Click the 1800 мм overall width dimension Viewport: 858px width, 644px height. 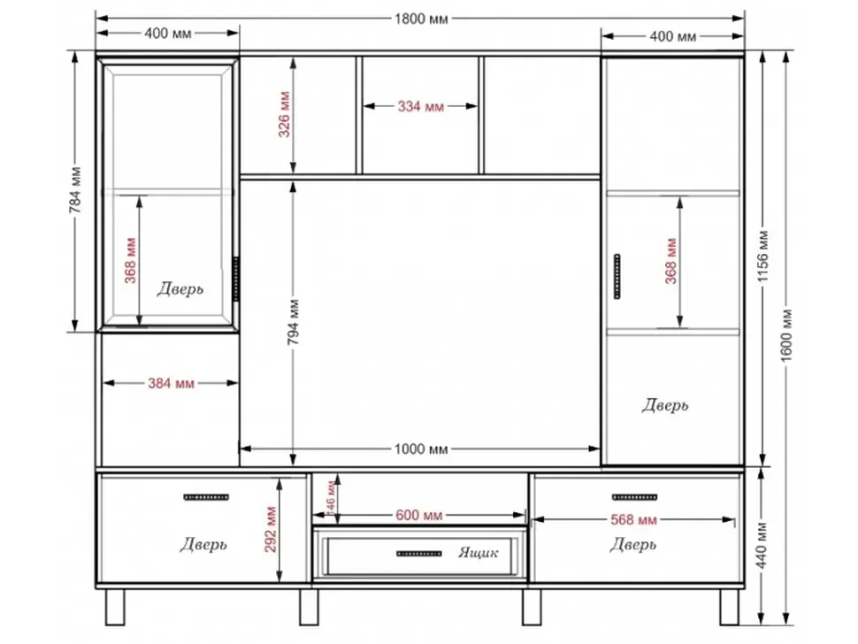[421, 19]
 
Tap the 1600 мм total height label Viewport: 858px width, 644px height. [786, 335]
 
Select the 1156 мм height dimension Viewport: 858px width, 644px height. [763, 257]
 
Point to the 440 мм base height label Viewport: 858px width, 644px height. [763, 546]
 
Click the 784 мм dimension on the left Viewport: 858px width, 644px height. [75, 190]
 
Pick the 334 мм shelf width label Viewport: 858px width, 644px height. [420, 106]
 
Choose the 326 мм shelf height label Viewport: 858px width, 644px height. [284, 114]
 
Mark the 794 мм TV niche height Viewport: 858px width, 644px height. [294, 322]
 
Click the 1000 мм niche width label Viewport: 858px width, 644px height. [421, 449]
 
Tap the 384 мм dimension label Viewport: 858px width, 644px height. [171, 383]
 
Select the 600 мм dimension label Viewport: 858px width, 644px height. [418, 515]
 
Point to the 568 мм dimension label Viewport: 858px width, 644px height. [633, 519]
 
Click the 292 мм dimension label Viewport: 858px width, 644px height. [271, 530]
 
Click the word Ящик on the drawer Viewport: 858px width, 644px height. [479, 553]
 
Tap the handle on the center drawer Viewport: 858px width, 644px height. [418, 554]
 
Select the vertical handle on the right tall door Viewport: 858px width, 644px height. [617, 276]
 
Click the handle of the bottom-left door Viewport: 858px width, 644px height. [206, 497]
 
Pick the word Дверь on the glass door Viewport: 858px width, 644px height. [180, 288]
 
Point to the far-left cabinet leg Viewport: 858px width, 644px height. [115, 607]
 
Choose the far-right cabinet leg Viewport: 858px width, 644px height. [729, 607]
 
